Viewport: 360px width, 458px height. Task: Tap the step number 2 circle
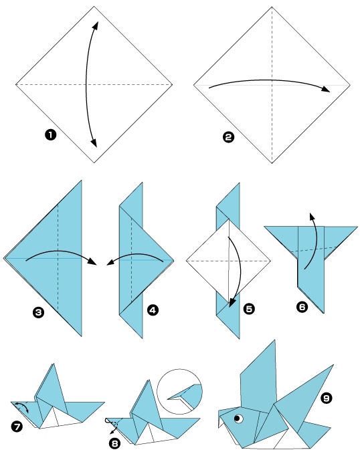click(228, 137)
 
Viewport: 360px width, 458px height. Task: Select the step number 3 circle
click(39, 312)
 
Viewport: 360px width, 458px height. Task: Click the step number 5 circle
click(250, 309)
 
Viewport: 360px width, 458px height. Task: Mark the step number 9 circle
click(326, 398)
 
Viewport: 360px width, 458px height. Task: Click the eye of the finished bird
click(238, 419)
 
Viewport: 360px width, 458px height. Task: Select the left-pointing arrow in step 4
click(134, 257)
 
